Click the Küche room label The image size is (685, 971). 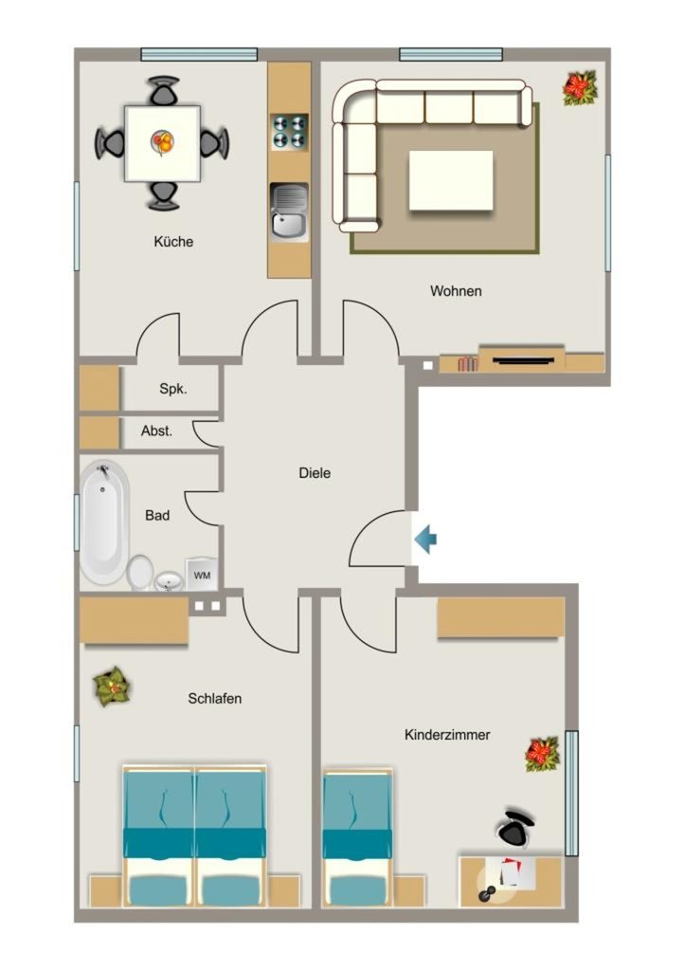coord(173,242)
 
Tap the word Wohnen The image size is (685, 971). coord(456,291)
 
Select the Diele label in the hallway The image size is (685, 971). coord(315,473)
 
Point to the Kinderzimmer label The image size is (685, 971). coord(447,735)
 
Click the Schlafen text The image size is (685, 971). coord(215,699)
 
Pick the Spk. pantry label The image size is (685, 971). coord(173,390)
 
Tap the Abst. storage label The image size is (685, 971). coord(156,431)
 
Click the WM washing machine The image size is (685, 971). coord(202,574)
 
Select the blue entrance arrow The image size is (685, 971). coord(425,539)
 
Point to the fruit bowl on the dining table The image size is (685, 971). coord(163,142)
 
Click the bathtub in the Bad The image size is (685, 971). coord(104,522)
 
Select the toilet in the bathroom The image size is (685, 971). coord(140,572)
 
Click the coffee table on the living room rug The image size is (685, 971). coord(451,180)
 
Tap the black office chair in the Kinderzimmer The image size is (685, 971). coord(516,828)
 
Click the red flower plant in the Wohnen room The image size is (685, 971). coord(580,88)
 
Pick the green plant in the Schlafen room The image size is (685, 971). coord(112,687)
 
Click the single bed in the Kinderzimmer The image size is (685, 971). coord(358,838)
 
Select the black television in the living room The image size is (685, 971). coord(523,359)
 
